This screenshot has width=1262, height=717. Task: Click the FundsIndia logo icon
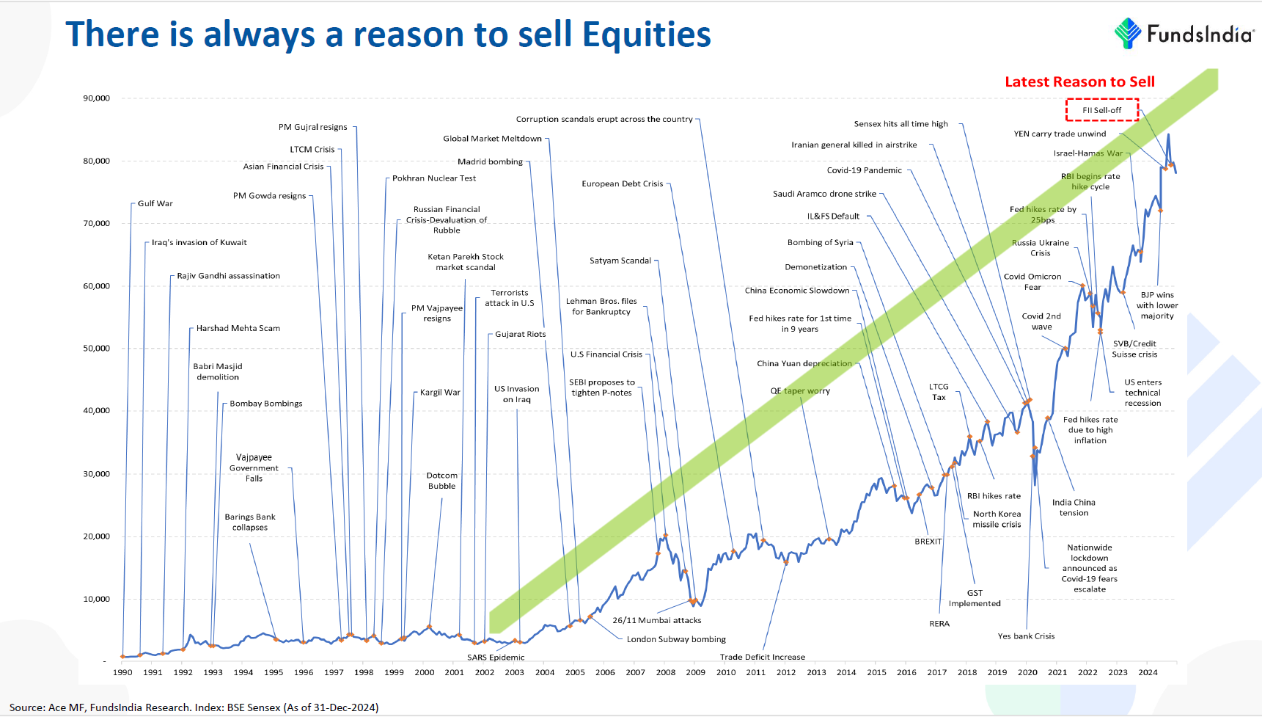click(1128, 34)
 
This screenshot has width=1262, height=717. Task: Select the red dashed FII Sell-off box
click(1101, 110)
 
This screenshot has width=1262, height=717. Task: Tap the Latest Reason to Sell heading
click(1079, 81)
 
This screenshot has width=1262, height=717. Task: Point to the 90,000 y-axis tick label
click(96, 98)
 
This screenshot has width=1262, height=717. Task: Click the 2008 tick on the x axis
click(665, 672)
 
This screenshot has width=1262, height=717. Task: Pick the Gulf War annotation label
click(155, 203)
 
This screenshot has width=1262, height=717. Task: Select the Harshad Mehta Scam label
click(238, 328)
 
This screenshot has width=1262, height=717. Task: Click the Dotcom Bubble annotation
click(441, 481)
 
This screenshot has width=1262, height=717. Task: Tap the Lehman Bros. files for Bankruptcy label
click(601, 306)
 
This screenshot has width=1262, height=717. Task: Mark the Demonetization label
click(815, 267)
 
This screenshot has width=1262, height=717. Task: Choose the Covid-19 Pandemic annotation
click(864, 170)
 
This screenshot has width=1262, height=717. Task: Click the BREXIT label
click(928, 542)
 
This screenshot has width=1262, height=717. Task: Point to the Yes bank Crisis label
click(1026, 636)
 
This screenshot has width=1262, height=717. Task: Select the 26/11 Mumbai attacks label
click(656, 620)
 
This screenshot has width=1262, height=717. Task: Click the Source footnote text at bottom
click(194, 707)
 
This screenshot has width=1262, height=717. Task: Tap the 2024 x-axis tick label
click(1148, 672)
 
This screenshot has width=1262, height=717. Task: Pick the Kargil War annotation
click(440, 393)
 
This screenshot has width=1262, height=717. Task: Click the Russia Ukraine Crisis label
click(1040, 248)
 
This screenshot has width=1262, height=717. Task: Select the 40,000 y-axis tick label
click(96, 411)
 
